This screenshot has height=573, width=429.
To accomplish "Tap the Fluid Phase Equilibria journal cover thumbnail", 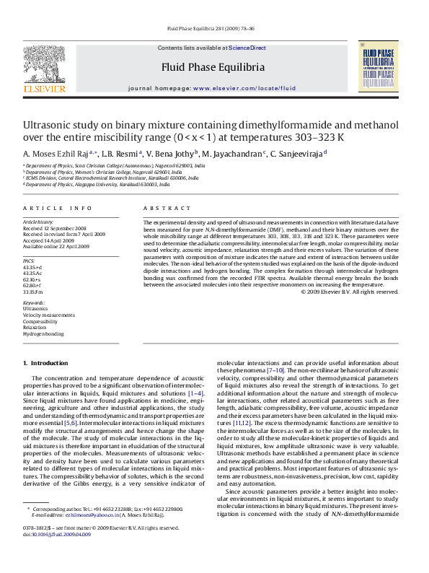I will point(378,67).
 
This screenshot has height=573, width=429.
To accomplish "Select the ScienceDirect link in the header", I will point(247,48).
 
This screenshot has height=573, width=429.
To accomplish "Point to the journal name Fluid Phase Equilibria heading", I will point(212,67).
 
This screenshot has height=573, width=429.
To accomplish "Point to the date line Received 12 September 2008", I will point(56,228).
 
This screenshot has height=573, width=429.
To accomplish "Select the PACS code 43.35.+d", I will point(32,267).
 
